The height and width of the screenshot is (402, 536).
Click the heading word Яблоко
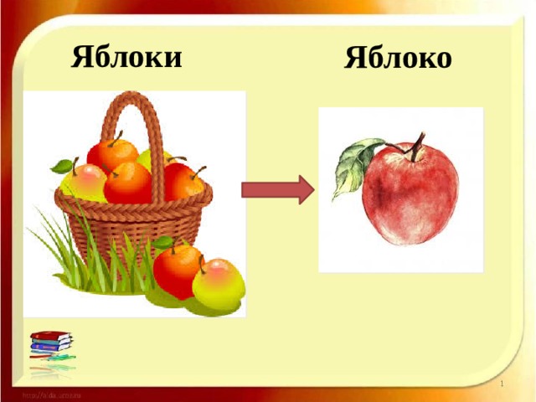coord(398,58)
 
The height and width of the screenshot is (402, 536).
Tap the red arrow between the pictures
coord(277,191)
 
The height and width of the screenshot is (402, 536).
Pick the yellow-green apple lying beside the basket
coord(219,283)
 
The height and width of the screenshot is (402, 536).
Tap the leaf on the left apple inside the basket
coord(61,166)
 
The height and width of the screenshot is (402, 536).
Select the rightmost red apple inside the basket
coord(184,181)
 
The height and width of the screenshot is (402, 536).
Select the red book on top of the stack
coord(50,334)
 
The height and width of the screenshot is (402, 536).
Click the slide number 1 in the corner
coord(501,383)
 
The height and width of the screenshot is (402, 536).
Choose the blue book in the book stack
coord(52,343)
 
